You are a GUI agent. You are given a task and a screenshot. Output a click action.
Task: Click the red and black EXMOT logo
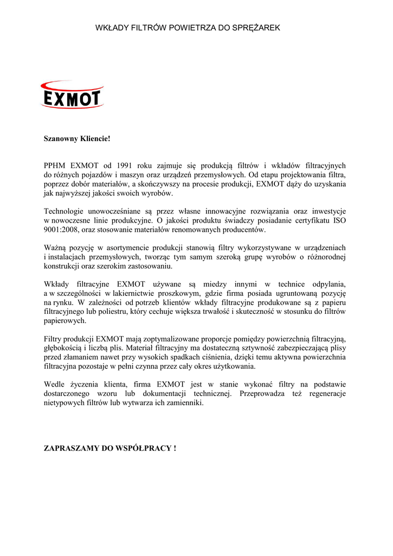72,95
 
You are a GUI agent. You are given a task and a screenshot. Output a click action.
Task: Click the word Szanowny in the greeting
61,139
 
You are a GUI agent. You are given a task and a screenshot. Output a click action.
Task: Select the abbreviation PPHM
55,166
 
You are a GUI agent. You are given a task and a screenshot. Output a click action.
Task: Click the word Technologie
65,211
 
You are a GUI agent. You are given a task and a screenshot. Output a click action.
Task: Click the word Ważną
55,248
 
